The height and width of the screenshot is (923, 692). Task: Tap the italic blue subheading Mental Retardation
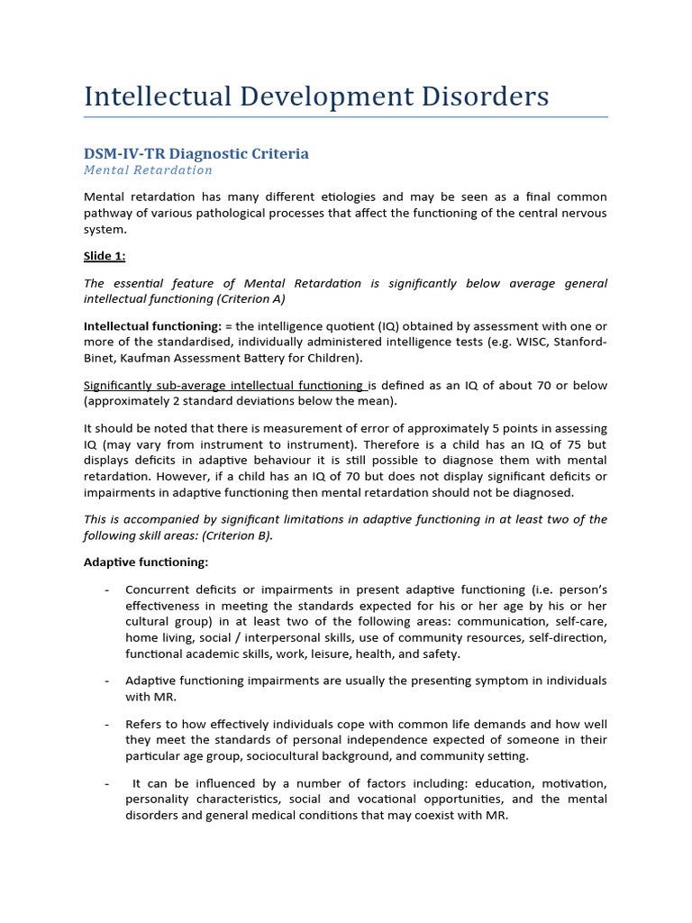click(x=149, y=170)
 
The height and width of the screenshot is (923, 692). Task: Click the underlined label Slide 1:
click(x=105, y=256)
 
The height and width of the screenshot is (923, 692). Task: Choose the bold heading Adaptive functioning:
click(x=146, y=562)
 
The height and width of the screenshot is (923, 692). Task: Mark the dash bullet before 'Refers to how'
click(x=107, y=724)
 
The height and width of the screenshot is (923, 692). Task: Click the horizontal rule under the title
click(x=346, y=116)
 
